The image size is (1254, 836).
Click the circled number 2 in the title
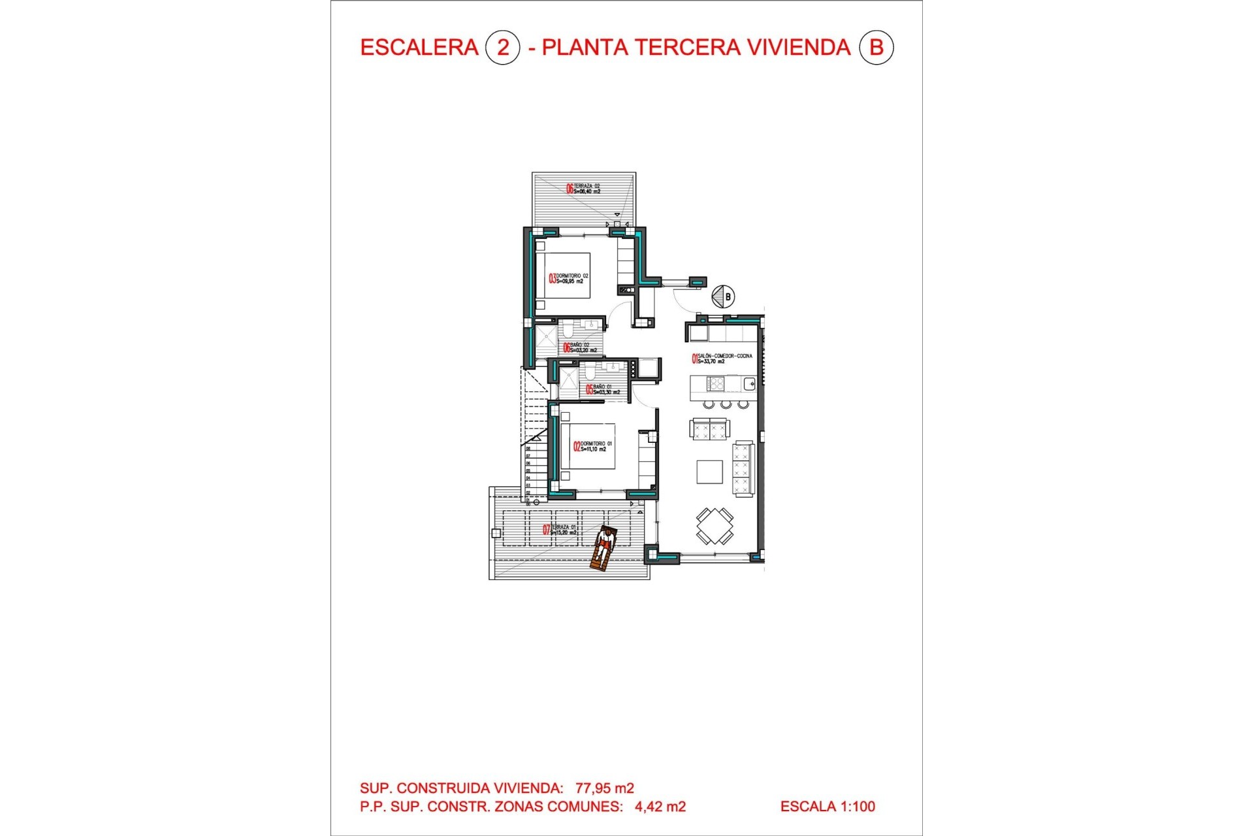(x=502, y=48)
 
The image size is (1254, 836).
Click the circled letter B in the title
(x=876, y=48)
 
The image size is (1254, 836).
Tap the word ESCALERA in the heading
(x=419, y=48)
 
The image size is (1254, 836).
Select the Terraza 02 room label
(x=584, y=189)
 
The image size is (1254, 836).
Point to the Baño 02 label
(x=581, y=347)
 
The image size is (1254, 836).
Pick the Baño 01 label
(x=603, y=389)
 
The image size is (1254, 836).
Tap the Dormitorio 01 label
(x=593, y=446)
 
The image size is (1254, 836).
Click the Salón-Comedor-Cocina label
(x=722, y=359)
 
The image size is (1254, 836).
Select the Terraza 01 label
(x=561, y=530)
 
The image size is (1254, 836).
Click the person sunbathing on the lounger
(x=604, y=547)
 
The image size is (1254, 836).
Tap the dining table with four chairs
(x=715, y=526)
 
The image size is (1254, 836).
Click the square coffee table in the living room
(x=709, y=472)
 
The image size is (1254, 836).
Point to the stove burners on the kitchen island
(x=716, y=384)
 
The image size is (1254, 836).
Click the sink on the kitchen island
(x=749, y=384)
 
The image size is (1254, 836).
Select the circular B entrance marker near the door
(x=723, y=297)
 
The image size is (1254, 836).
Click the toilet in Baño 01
(x=590, y=373)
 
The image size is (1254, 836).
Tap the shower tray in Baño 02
(x=546, y=340)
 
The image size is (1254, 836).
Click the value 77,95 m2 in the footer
(x=604, y=788)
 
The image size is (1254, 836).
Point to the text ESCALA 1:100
(x=828, y=807)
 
